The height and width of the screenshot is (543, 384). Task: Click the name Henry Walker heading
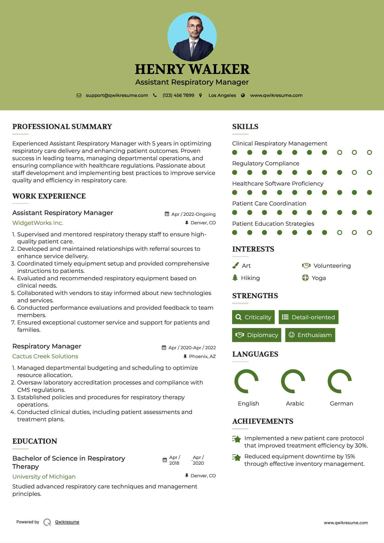point(192,69)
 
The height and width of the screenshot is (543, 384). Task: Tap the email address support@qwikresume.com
point(117,95)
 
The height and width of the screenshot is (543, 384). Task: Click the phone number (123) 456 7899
point(178,95)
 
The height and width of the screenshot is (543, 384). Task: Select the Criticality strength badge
point(253,317)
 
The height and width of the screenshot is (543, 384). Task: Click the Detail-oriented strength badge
point(308,317)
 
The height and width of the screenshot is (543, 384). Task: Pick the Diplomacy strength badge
point(257,335)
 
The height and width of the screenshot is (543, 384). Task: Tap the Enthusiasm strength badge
point(310,335)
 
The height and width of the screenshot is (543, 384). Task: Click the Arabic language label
point(295,403)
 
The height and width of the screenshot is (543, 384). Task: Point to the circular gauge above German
point(340,381)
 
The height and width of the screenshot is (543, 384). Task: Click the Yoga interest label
point(319,278)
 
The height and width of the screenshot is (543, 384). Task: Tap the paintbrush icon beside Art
point(235,265)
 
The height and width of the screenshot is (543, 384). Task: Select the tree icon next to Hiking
point(235,278)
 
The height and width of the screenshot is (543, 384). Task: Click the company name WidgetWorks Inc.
point(38,223)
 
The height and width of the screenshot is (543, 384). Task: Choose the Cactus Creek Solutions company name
point(45,356)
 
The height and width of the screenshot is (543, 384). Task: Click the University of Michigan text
point(44,477)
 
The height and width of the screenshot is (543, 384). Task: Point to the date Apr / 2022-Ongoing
point(193,214)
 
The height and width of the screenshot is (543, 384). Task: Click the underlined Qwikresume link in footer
point(67,522)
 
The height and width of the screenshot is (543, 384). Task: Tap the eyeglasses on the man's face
point(195,27)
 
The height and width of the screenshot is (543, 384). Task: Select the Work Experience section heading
point(49,196)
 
